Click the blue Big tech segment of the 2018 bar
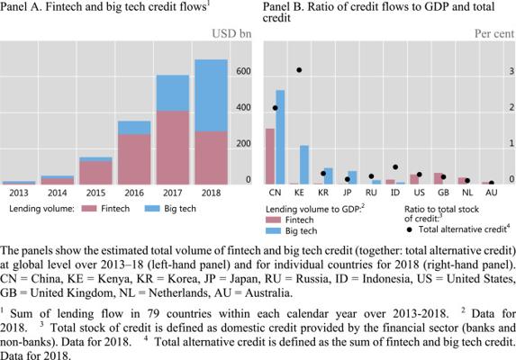click(211, 95)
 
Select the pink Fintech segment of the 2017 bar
click(173, 148)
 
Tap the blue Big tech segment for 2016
click(134, 128)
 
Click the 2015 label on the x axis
click(95, 193)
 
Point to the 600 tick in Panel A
click(243, 71)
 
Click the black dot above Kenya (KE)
click(299, 70)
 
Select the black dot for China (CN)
click(276, 108)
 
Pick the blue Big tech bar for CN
click(280, 137)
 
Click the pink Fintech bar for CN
click(270, 157)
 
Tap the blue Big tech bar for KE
click(304, 165)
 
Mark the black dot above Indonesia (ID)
click(395, 167)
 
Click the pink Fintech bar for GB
click(439, 178)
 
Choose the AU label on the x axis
click(492, 193)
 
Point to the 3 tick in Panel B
click(511, 71)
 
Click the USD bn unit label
click(231, 34)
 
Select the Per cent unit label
click(494, 34)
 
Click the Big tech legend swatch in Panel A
click(152, 209)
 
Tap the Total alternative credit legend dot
click(409, 229)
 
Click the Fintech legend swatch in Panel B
click(273, 220)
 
